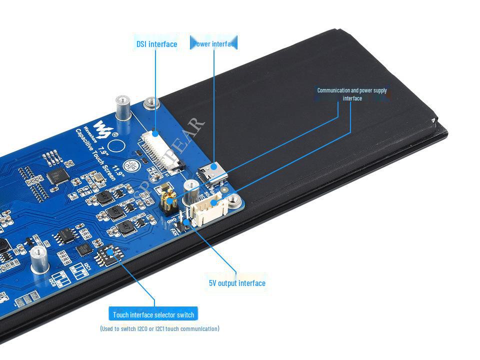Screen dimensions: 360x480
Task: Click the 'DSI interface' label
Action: [156, 44]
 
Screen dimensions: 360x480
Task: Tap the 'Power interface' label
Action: [214, 44]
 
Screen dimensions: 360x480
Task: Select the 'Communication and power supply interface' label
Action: [352, 94]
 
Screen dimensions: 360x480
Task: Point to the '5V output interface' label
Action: [237, 283]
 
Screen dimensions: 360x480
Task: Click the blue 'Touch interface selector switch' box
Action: [153, 314]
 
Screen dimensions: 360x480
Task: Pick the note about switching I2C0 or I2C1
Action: [159, 328]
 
